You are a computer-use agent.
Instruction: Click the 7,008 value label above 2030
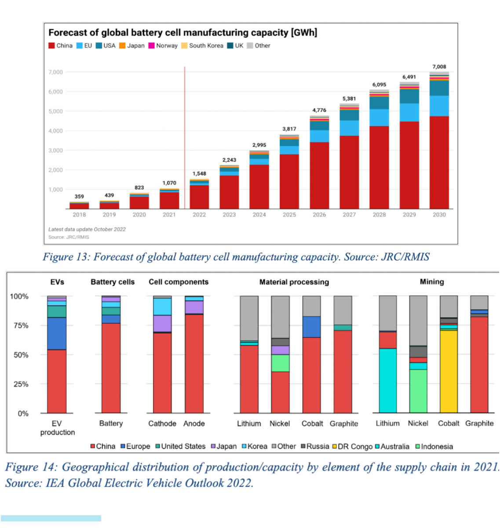[439, 67]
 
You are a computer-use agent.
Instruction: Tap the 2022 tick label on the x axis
[199, 215]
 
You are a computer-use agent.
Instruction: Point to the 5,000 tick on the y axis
[56, 111]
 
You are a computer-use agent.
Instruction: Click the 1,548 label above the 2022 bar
[199, 174]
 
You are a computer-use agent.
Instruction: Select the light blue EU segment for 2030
[439, 106]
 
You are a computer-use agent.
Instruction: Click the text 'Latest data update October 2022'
[87, 229]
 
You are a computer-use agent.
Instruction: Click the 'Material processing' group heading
[294, 282]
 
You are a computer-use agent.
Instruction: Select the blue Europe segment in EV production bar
[57, 334]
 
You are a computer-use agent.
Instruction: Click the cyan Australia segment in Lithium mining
[387, 380]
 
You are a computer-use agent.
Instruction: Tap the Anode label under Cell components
[194, 424]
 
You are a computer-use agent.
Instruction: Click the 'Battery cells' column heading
[113, 282]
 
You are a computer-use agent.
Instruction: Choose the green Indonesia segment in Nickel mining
[418, 391]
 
